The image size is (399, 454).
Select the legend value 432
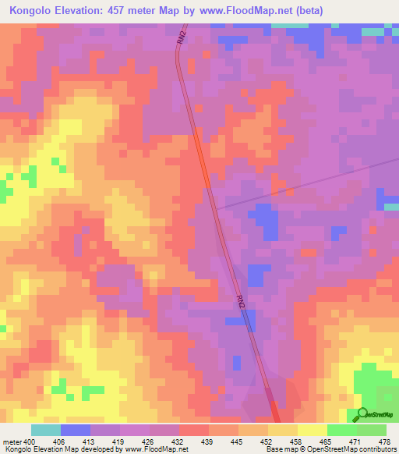[179, 441]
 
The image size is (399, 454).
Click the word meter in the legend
[12, 441]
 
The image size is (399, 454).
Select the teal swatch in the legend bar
[45, 430]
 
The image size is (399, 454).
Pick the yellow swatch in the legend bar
[312, 430]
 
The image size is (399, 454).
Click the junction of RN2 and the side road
[217, 209]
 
